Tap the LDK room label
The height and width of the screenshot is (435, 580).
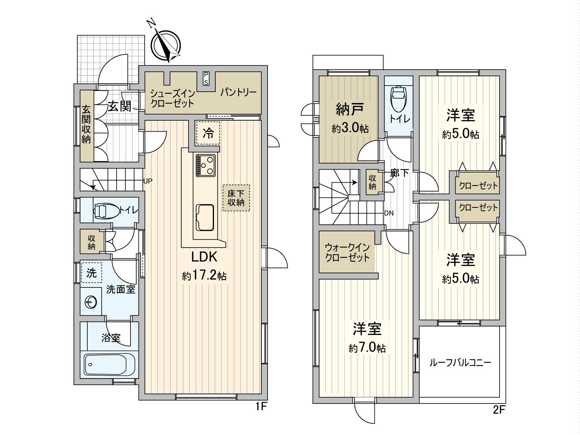click(204, 257)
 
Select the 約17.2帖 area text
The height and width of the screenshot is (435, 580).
click(204, 276)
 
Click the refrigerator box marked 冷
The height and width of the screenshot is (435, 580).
click(208, 133)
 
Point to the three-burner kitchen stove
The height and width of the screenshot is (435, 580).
click(206, 165)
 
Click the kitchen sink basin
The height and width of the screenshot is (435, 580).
click(205, 217)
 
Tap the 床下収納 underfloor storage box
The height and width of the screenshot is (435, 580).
click(236, 198)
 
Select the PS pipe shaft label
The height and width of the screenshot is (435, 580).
click(206, 78)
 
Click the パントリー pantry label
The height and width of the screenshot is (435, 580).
click(238, 92)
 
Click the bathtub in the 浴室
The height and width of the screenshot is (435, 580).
click(109, 365)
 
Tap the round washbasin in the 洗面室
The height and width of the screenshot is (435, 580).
click(91, 302)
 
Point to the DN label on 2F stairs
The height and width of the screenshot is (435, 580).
click(389, 213)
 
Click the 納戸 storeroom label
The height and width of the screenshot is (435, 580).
click(348, 109)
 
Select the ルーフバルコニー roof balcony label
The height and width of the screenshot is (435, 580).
click(460, 362)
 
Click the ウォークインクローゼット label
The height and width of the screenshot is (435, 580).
click(347, 253)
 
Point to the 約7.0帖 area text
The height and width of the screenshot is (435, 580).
click(367, 348)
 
